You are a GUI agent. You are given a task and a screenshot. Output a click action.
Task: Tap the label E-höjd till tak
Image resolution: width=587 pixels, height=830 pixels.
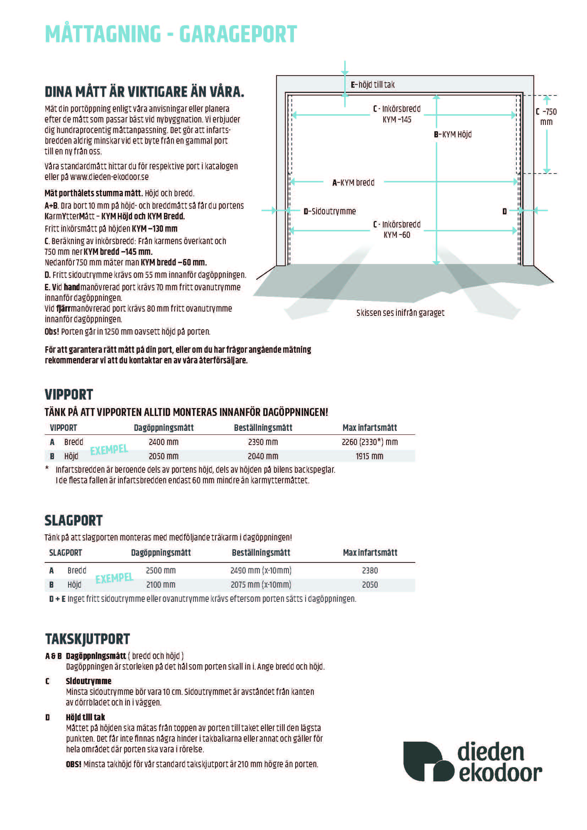click(x=373, y=84)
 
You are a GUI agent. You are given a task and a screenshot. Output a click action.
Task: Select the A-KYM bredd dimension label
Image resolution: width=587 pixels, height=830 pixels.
click(x=353, y=182)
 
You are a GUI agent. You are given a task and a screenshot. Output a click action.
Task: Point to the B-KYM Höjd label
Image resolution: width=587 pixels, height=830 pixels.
click(x=452, y=134)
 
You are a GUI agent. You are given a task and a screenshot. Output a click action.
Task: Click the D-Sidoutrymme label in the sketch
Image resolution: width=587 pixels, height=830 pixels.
click(x=330, y=211)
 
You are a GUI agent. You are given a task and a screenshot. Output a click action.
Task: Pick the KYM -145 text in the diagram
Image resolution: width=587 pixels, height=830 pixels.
click(x=397, y=120)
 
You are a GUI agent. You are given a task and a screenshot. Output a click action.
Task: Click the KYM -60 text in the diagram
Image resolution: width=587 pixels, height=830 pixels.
click(x=397, y=235)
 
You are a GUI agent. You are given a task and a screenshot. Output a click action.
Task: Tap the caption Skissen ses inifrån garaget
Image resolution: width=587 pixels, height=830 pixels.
click(x=400, y=313)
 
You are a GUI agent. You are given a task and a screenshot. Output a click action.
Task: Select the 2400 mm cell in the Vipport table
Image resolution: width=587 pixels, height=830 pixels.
click(x=163, y=442)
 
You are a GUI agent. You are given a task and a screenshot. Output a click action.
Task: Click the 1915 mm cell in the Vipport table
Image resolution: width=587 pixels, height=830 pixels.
click(x=369, y=456)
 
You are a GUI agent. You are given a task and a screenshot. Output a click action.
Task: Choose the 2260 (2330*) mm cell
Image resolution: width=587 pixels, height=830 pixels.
click(x=369, y=442)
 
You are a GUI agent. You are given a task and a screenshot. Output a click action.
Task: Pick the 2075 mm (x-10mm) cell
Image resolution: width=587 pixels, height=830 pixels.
click(x=260, y=584)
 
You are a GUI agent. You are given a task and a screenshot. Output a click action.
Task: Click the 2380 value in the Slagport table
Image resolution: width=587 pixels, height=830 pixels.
click(x=370, y=571)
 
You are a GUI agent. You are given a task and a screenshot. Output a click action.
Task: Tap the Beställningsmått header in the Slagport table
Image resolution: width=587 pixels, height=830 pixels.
click(x=260, y=553)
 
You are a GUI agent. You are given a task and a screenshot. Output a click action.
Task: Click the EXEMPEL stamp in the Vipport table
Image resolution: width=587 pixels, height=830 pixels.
click(x=109, y=450)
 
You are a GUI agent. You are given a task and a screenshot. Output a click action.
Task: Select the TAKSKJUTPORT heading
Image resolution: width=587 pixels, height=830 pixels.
click(x=87, y=639)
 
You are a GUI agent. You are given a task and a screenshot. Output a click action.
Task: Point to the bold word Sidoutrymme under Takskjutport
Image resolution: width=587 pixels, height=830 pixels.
click(x=89, y=681)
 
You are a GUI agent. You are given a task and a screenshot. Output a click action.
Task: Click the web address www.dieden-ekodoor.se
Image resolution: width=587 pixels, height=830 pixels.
click(x=109, y=177)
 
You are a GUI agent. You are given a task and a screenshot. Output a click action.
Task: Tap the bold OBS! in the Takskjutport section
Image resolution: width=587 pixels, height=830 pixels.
click(x=73, y=764)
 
